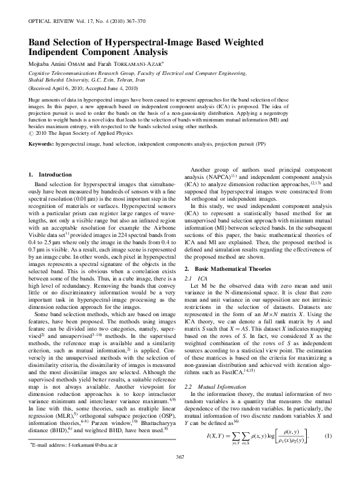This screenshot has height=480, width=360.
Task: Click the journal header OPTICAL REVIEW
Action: point(51,21)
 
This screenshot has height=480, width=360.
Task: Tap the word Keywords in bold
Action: point(41,128)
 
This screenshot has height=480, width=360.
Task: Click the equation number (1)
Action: point(328,435)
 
